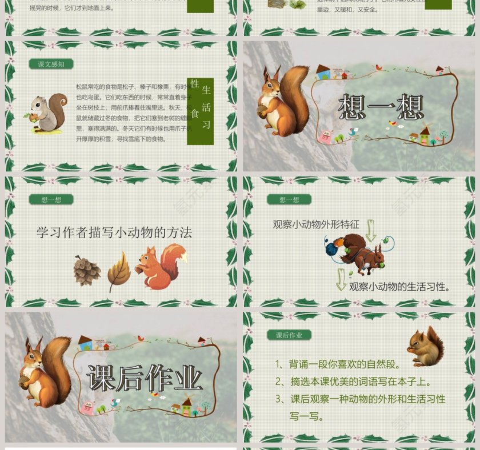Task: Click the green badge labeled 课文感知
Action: [x=51, y=64]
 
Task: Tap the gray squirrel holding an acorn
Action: [x=47, y=114]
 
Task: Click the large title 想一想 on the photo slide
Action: [x=381, y=107]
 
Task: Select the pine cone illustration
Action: [x=87, y=270]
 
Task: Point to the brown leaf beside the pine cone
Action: [x=118, y=271]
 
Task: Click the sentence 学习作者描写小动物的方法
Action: [x=114, y=232]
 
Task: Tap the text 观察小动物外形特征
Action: [x=316, y=224]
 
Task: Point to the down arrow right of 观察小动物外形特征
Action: [x=371, y=230]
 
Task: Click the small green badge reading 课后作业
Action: [x=289, y=335]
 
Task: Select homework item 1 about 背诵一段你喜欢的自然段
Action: [x=338, y=364]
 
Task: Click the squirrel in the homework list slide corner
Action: [x=426, y=347]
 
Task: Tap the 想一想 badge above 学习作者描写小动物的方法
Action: [x=51, y=199]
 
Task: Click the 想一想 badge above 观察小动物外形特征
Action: [x=289, y=199]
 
